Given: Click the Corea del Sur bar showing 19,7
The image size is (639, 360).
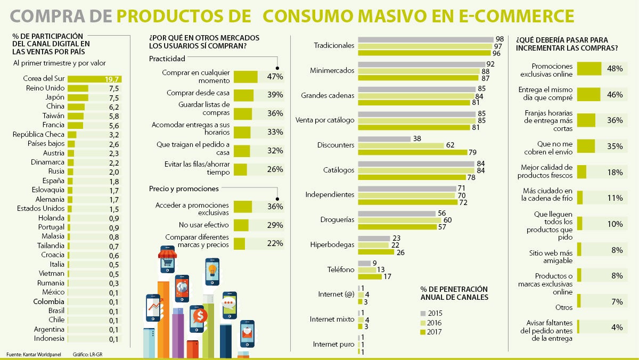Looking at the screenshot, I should tap(94, 79).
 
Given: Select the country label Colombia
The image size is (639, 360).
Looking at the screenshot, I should tap(48, 301).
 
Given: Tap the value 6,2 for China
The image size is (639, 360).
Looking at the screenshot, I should tap(114, 107).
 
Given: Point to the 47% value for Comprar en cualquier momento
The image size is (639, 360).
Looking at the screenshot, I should tap(275, 77).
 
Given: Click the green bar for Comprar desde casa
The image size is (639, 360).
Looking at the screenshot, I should tap(243, 95).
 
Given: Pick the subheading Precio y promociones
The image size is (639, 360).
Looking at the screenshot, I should tap(184, 189).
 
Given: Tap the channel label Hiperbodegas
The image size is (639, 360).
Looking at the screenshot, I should tap(332, 245).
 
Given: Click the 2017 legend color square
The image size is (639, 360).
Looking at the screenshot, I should tap(423, 332).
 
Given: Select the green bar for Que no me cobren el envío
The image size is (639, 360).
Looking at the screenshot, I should tap(586, 146).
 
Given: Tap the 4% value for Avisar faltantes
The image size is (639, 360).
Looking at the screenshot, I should tap(617, 328).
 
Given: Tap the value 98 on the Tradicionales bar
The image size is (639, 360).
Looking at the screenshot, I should tap(499, 39).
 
